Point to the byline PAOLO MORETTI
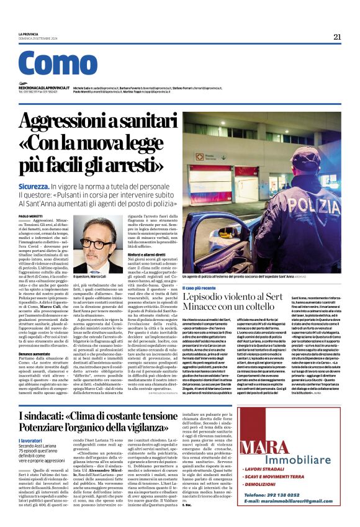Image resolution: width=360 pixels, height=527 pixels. tap(30, 215)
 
